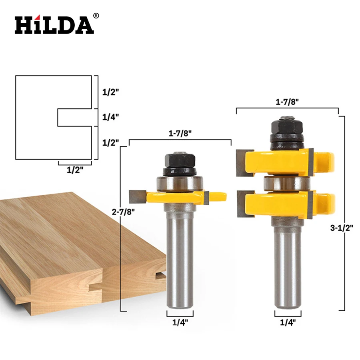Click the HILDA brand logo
(x=54, y=24)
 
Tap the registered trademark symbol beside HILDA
(x=96, y=16)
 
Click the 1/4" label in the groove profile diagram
(x=110, y=117)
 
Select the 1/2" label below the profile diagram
(x=75, y=170)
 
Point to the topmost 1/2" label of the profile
(x=110, y=92)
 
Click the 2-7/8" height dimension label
(x=123, y=212)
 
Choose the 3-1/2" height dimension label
(x=342, y=228)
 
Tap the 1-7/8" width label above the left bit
(x=180, y=133)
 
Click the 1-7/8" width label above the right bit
(x=287, y=102)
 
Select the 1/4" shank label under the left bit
(x=180, y=322)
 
